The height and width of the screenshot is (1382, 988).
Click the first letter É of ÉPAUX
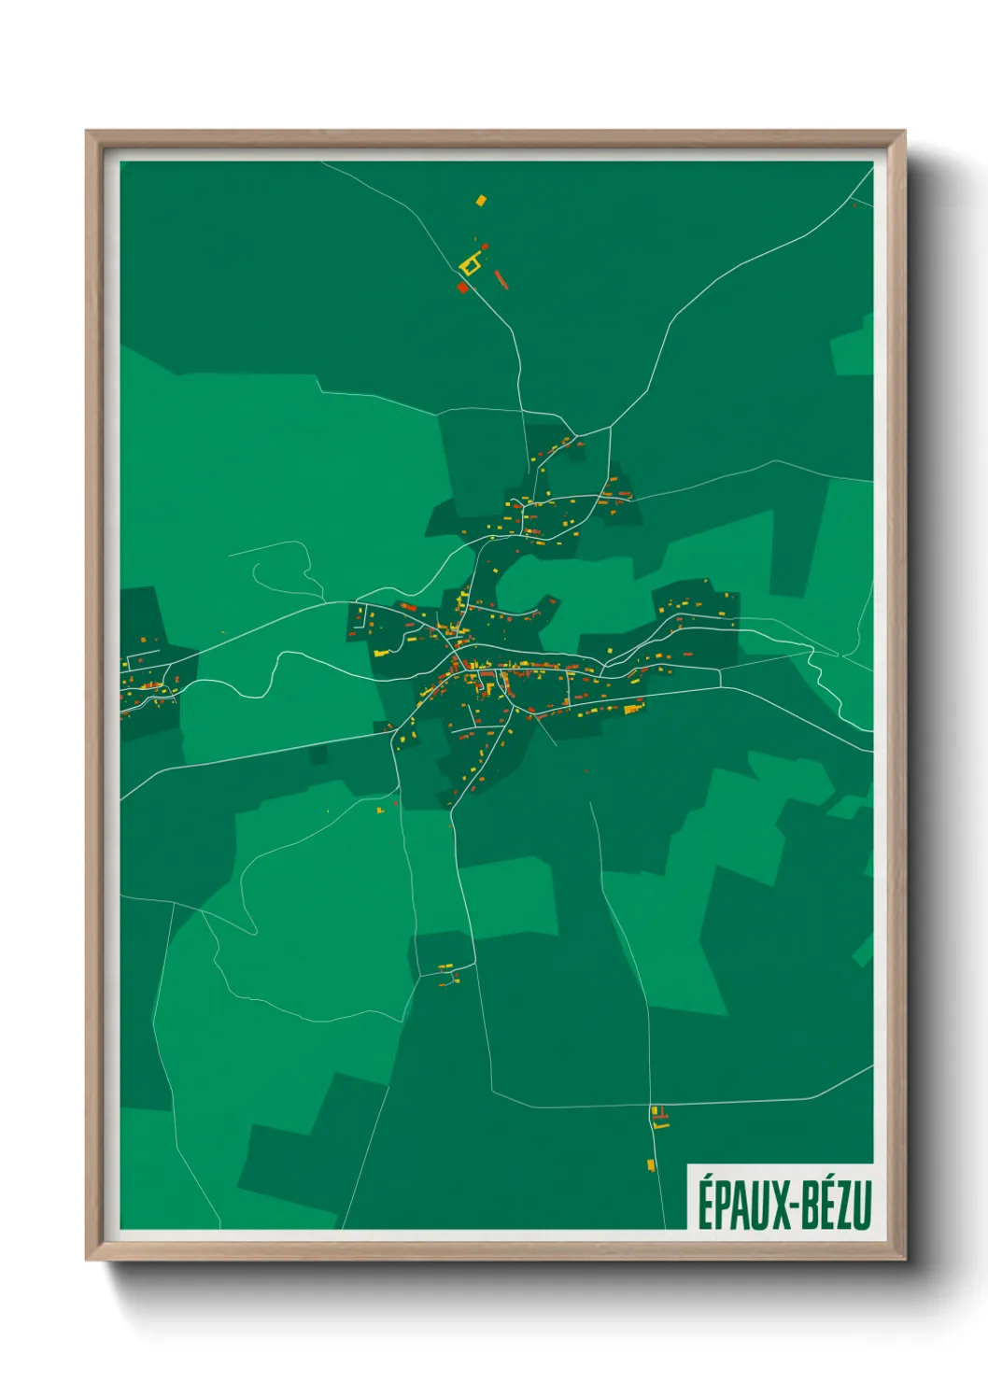point(705,1204)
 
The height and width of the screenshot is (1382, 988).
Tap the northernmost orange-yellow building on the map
point(481,200)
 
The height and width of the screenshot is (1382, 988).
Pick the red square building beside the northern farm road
point(461,288)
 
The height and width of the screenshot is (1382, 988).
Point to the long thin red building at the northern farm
point(501,278)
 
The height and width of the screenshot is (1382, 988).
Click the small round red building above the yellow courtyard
point(484,247)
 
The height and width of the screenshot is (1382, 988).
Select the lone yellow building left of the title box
point(651,1164)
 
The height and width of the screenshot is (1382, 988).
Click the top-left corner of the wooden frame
point(87,132)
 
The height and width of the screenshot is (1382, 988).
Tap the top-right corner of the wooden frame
point(904,132)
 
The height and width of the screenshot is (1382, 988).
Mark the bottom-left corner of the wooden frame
point(87,1259)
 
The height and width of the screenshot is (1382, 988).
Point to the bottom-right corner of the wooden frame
point(904,1259)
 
